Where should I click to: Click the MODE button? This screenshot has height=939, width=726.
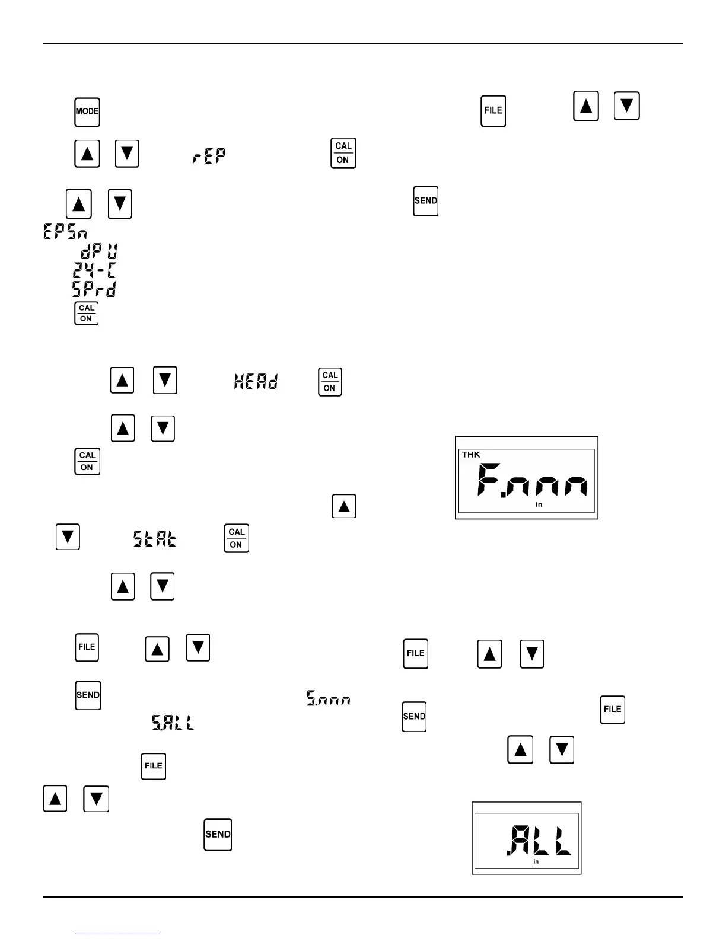pos(87,112)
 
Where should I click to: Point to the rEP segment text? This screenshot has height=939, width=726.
pos(209,156)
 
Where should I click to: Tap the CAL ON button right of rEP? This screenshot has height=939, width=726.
pos(343,154)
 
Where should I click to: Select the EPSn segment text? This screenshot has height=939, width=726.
pos(65,231)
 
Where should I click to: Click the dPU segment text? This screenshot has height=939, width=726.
pos(98,251)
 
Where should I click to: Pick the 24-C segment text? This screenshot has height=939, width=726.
pos(94,270)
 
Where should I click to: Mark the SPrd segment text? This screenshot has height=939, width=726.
pos(94,289)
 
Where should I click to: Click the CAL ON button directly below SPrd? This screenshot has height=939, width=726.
pos(87,313)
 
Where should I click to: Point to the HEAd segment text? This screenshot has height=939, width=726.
pos(256,381)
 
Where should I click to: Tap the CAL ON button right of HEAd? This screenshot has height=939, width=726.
pos(330,382)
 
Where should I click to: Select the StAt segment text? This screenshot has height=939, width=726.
pos(154,538)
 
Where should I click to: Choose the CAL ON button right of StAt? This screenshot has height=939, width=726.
pos(236,538)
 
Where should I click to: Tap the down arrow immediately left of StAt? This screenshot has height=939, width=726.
pos(68,537)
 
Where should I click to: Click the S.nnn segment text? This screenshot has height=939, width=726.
pos(328,698)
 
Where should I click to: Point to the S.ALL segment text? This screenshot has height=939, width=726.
pos(173,722)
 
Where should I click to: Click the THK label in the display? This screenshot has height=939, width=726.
pos(471,455)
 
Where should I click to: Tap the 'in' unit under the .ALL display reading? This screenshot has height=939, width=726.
pos(536,861)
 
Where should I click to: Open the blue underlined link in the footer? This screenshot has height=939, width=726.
pos(117,933)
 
